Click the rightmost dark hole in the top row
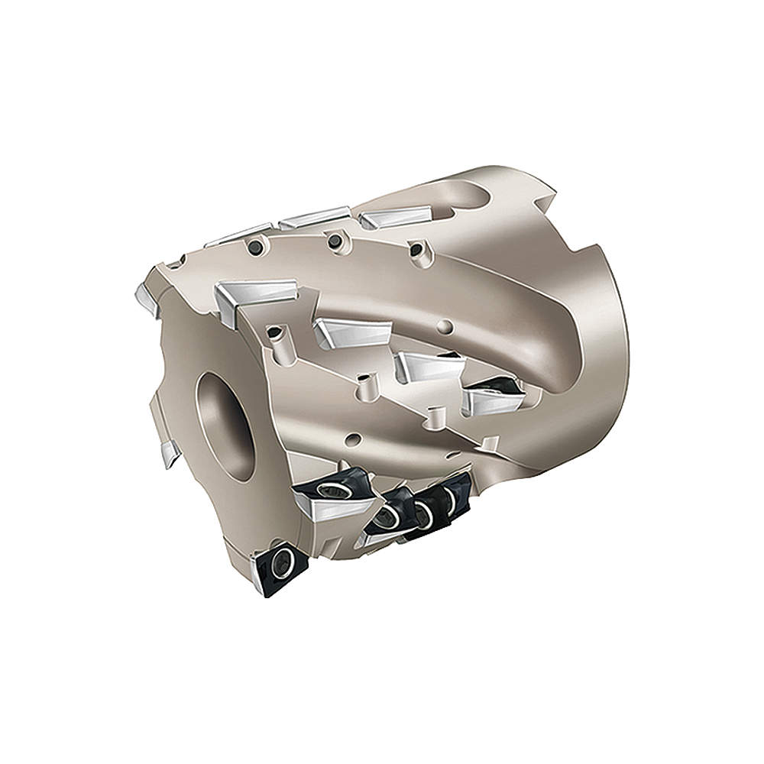[x=416, y=248]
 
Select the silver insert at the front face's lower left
[x=170, y=452]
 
